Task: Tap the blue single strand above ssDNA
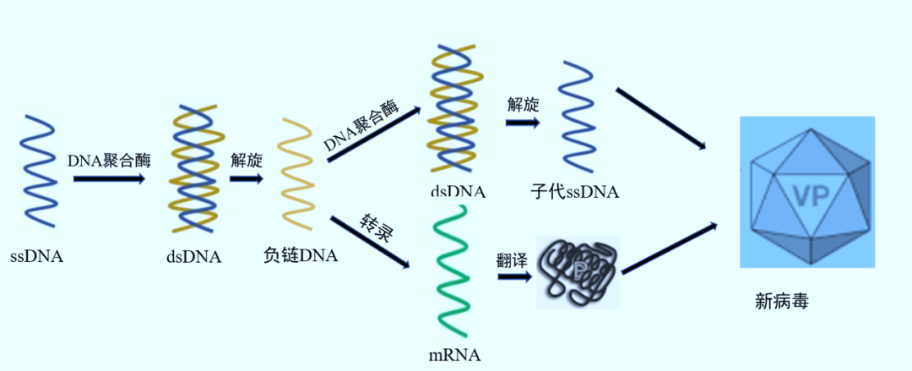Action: coord(38,169)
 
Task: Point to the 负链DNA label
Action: coord(301,254)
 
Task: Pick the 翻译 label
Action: coord(512,259)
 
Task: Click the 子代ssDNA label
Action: coord(574,192)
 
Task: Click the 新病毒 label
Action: coord(782,301)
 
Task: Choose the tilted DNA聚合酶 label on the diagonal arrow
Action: coord(372,128)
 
